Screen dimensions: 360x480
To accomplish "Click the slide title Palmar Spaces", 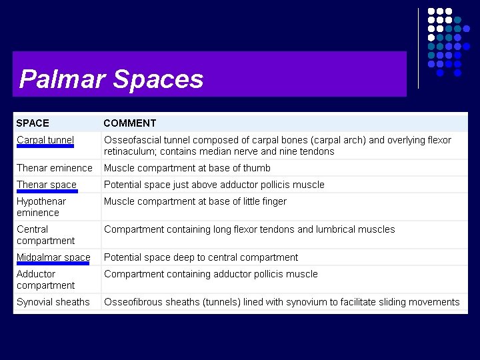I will [x=111, y=79].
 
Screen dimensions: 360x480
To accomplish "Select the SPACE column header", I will [x=33, y=123].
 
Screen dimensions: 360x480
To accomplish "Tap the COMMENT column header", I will [x=130, y=123].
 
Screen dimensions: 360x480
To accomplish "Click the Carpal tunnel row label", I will [x=45, y=140].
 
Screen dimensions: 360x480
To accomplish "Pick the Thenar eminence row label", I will [x=55, y=168].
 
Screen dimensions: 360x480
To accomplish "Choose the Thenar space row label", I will [x=47, y=185].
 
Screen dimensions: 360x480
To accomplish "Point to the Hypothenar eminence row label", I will [x=41, y=207].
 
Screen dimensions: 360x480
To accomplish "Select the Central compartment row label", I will [x=45, y=235].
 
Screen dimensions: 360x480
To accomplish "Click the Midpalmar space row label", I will [x=53, y=257].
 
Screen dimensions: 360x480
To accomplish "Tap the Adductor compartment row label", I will [x=45, y=279].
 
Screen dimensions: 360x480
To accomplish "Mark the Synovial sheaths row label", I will [x=53, y=302].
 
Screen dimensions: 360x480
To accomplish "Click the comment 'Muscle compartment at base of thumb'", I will [x=187, y=168].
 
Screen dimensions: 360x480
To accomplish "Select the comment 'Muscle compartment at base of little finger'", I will [x=195, y=201].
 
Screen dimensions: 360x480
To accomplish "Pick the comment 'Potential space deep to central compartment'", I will [x=201, y=257].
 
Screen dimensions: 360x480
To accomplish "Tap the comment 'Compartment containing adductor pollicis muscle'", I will [x=211, y=274].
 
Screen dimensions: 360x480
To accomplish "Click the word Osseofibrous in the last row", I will [x=133, y=302].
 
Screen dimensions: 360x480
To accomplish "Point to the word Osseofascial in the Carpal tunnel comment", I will [x=131, y=140].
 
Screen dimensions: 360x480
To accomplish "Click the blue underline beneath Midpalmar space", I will [x=53, y=263].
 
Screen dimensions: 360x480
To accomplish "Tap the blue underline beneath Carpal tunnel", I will [x=45, y=146].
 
